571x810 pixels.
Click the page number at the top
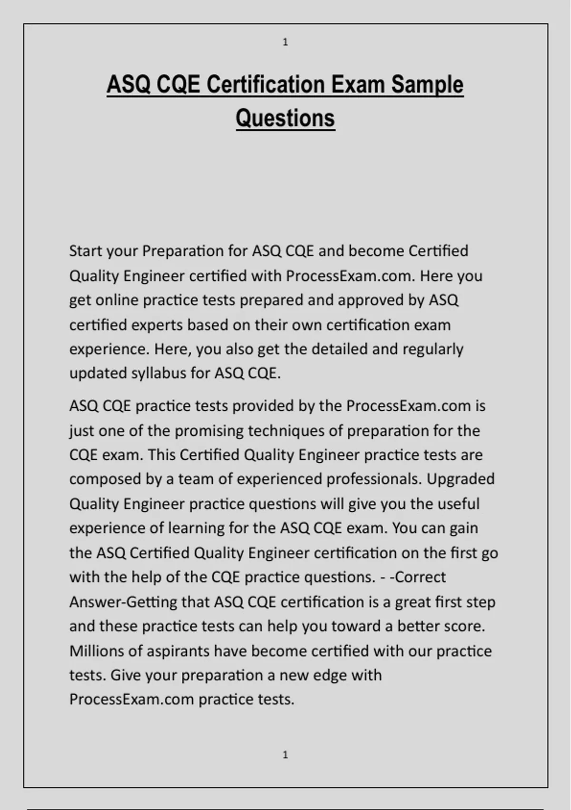285,42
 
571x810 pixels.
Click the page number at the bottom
285,755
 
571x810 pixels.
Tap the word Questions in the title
285,118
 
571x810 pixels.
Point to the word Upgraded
461,479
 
